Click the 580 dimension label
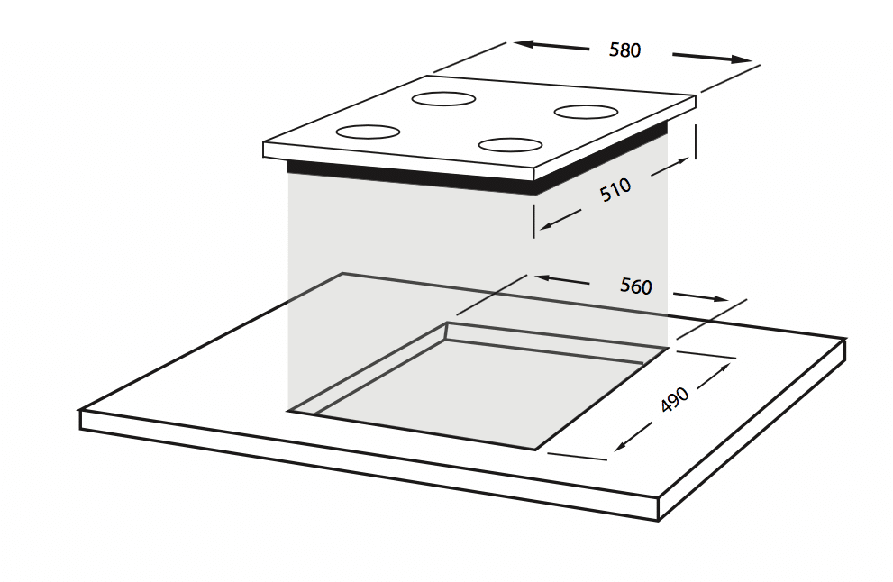coord(624,50)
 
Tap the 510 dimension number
coord(615,190)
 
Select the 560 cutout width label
coord(635,286)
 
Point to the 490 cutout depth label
coord(675,399)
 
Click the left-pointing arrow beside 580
coord(551,46)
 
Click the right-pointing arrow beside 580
coord(713,58)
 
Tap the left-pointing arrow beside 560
coord(562,280)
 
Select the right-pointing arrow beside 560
coord(701,296)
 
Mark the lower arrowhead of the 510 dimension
coord(545,226)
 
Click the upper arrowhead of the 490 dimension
coord(724,368)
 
